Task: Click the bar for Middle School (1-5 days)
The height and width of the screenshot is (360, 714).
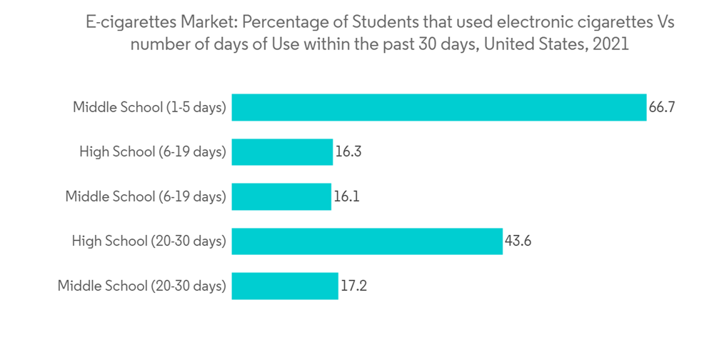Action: click(x=438, y=108)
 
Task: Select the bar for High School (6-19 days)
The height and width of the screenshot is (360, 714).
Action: click(x=282, y=152)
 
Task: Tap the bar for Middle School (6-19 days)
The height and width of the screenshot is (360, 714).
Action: click(x=281, y=196)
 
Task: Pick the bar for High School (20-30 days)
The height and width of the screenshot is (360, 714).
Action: click(x=367, y=241)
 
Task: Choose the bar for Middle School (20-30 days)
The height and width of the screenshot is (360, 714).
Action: click(x=284, y=286)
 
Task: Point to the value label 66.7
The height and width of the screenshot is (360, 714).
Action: click(x=662, y=108)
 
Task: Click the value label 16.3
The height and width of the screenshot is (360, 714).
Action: click(x=348, y=152)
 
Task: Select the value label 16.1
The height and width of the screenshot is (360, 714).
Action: click(x=346, y=196)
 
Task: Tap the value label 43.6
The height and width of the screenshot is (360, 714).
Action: click(x=518, y=241)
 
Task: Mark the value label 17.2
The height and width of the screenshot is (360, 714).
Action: click(x=353, y=286)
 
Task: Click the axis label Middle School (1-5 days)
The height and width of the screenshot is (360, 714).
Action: click(x=149, y=108)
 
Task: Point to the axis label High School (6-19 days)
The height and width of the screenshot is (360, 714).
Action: click(x=153, y=152)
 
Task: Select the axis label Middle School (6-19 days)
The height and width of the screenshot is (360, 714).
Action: click(x=146, y=196)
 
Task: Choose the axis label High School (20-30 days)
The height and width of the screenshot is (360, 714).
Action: click(x=149, y=241)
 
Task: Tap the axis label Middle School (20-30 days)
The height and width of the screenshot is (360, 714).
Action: click(x=141, y=286)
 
